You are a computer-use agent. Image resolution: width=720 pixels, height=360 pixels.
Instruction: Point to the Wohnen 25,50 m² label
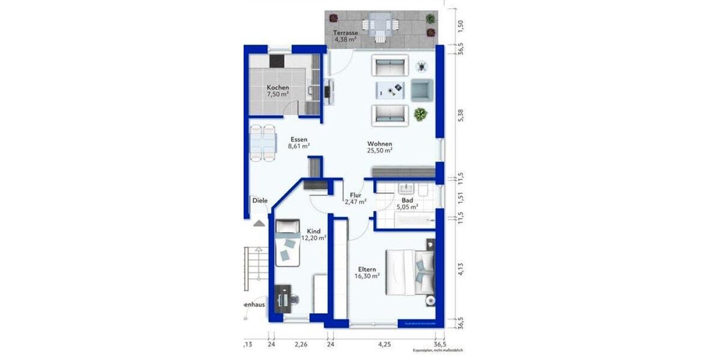coord(380,148)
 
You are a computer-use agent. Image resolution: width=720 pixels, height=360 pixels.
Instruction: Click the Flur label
coord(355,199)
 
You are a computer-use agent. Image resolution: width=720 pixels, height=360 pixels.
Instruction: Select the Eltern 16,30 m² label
coord(368,273)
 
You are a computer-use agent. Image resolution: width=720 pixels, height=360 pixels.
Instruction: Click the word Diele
coord(260,201)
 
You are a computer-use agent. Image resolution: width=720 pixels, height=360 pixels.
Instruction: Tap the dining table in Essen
coord(262,143)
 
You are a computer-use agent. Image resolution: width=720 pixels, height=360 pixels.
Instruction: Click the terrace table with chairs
coord(379,26)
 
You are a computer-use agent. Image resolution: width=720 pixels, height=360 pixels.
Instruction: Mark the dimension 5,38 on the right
coord(461,116)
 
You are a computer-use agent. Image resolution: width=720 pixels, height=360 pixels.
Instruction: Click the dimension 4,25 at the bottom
coord(384,344)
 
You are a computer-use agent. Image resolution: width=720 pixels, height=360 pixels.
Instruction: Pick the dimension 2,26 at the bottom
coord(301,344)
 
